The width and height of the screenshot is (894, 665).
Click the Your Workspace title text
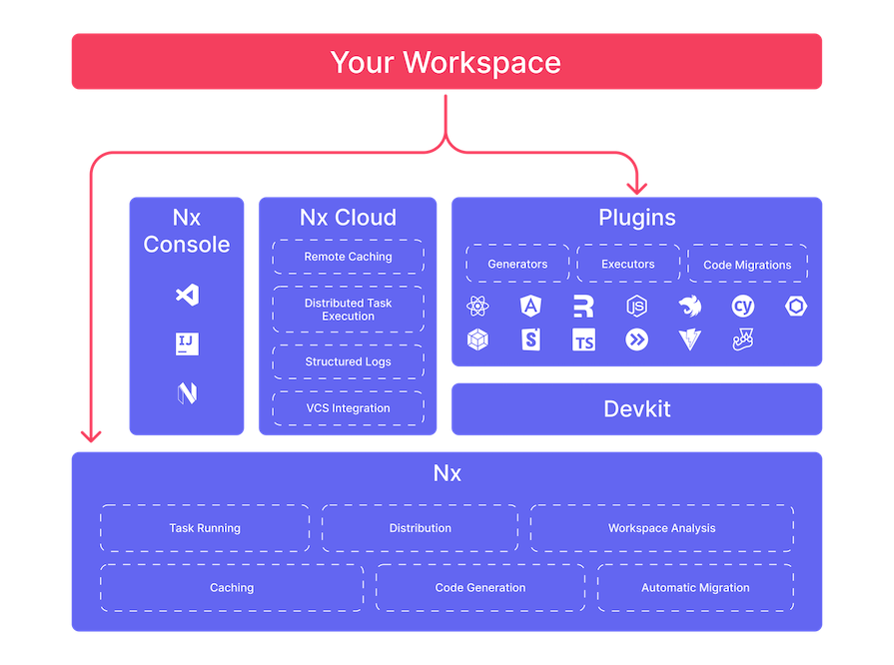coord(446,62)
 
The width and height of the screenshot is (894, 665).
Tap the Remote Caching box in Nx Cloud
coord(348,257)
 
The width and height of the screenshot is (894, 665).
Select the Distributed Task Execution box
coord(348,310)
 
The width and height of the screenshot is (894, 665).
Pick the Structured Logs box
coord(348,361)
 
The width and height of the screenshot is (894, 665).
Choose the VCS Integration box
coord(348,407)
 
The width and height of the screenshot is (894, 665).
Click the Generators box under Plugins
coord(517,264)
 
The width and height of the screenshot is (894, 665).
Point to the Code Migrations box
coord(747,265)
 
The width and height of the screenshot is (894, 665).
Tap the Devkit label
coord(636,408)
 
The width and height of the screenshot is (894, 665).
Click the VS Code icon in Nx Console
coord(187,296)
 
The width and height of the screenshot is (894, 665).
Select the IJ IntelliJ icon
coord(187,344)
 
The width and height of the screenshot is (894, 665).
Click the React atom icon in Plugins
coord(477,307)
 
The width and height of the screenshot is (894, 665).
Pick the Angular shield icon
coord(530,307)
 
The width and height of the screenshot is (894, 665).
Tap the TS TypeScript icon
coord(583,340)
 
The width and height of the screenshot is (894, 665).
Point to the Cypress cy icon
coord(743,307)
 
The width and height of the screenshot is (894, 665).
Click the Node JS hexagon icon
coord(636,307)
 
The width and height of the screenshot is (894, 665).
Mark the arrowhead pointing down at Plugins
coord(636,186)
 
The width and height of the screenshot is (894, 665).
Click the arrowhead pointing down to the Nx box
coord(92,434)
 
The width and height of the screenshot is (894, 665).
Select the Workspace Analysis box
coord(661,528)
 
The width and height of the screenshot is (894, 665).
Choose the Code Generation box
coord(479,588)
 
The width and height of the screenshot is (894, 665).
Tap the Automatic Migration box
coord(695,588)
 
